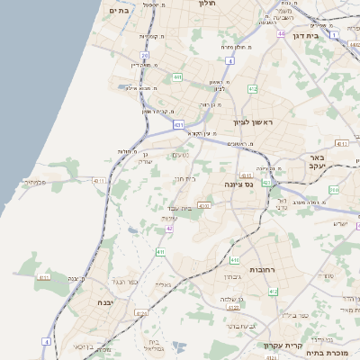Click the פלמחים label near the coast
pos(35,183)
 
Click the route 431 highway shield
pos(179,124)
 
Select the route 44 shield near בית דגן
pos(282,33)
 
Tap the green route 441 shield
pos(178,77)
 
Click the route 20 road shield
pos(144,56)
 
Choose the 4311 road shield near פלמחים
pos(100,180)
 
